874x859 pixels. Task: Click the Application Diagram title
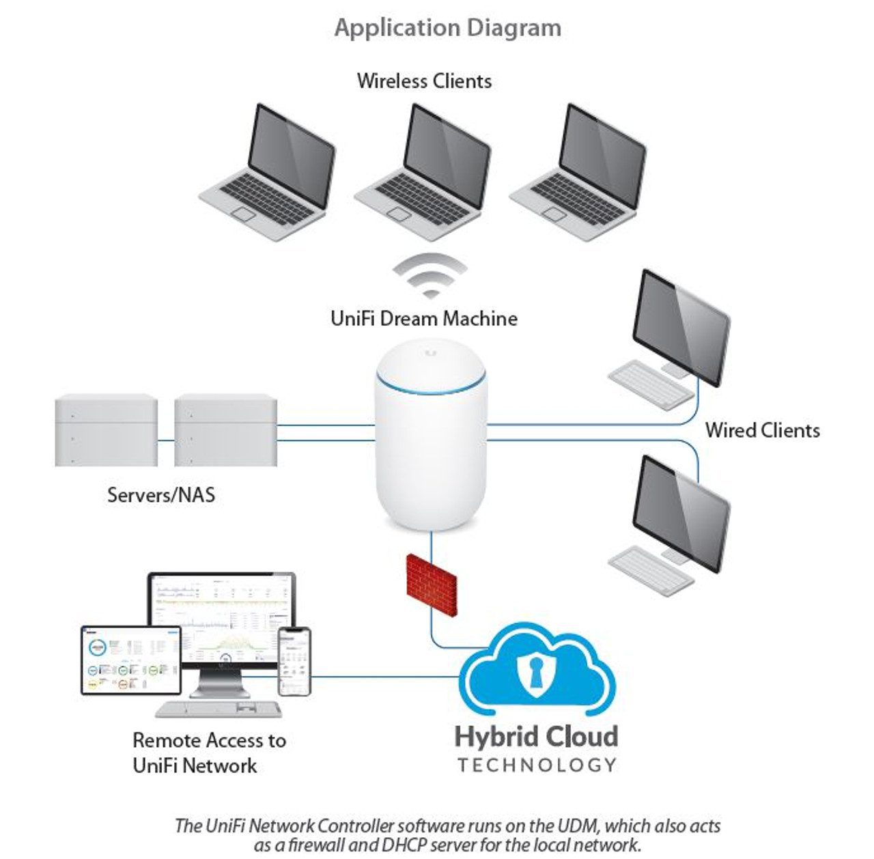pyautogui.click(x=448, y=28)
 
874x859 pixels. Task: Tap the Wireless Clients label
pyautogui.click(x=424, y=81)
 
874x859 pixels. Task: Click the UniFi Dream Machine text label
pyautogui.click(x=424, y=318)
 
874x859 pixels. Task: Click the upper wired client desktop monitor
pyautogui.click(x=680, y=328)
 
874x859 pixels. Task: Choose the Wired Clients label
pyautogui.click(x=762, y=430)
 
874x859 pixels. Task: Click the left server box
pyautogui.click(x=106, y=430)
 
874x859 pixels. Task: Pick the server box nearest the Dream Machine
pyautogui.click(x=225, y=430)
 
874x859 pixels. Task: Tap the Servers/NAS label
pyautogui.click(x=161, y=494)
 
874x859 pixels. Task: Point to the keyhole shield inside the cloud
pyautogui.click(x=535, y=672)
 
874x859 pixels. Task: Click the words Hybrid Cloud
pyautogui.click(x=536, y=737)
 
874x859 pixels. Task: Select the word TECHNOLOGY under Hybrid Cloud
pyautogui.click(x=537, y=765)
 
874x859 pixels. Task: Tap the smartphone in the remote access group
pyautogui.click(x=294, y=661)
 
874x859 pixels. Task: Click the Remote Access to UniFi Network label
pyautogui.click(x=209, y=752)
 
